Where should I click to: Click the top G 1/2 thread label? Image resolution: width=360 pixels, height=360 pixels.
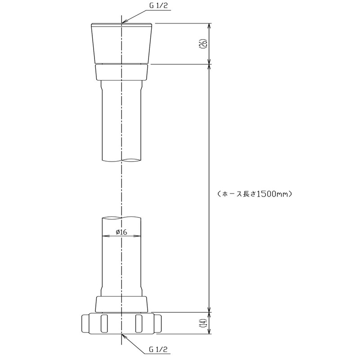tap(159, 6)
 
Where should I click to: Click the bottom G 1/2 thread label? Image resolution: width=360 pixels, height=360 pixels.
tap(158, 350)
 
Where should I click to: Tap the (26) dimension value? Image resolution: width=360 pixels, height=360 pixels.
tap(204, 43)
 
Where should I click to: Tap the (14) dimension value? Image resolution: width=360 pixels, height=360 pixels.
tap(204, 323)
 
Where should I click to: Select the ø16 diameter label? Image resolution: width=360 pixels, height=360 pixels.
tap(121, 232)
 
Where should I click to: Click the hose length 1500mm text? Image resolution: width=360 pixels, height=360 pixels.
tap(254, 194)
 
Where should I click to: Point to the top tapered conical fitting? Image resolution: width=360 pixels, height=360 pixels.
tap(121, 43)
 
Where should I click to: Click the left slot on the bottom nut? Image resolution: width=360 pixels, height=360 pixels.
tap(104, 323)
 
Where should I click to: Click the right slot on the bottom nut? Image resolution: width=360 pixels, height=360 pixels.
tap(139, 323)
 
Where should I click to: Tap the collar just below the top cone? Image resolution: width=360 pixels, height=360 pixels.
tap(121, 72)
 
